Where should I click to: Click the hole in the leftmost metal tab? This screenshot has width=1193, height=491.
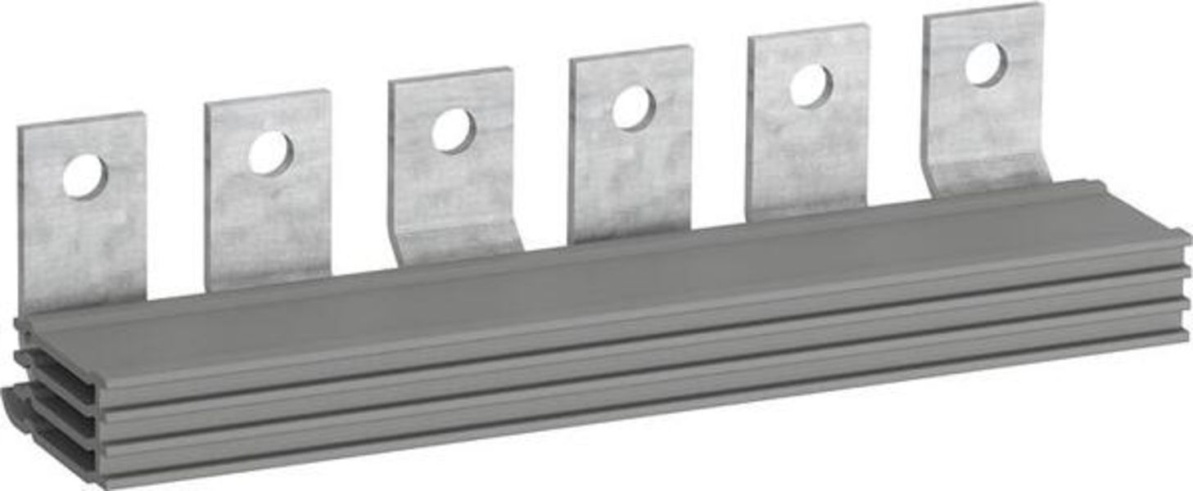coord(84,176)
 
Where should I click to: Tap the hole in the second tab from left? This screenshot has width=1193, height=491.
coord(270,153)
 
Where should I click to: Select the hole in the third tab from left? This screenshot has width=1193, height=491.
coord(454,131)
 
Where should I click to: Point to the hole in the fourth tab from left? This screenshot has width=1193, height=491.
coord(633,108)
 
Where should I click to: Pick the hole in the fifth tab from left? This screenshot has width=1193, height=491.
coord(811,86)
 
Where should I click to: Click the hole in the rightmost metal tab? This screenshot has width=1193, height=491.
coord(985,65)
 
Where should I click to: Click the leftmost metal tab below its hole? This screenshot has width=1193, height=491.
coord(82,245)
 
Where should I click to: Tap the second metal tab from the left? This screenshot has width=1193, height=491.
coord(269,221)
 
